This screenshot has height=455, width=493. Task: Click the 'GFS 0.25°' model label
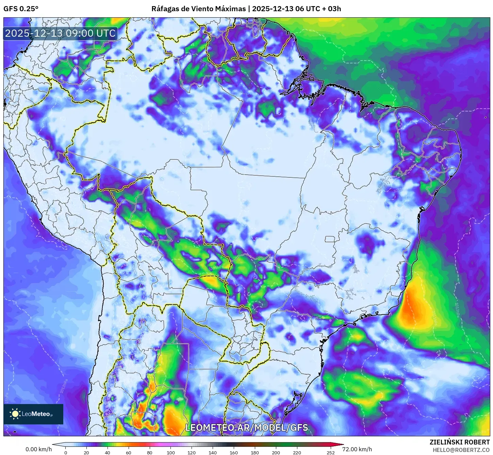(21, 9)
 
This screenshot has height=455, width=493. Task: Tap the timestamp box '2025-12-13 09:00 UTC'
(61, 33)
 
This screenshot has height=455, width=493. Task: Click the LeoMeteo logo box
(33, 414)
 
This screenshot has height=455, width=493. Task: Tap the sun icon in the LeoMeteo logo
(15, 414)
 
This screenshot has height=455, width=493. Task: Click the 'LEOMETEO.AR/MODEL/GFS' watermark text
(246, 427)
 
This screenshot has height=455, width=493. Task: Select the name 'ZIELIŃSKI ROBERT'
(460, 442)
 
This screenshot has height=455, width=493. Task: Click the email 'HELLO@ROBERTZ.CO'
(461, 450)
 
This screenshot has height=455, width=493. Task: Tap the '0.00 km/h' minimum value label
(39, 449)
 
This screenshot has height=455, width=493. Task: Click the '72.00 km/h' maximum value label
(357, 449)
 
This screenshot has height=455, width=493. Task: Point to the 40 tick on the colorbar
(108, 452)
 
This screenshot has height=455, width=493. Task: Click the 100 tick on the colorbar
(171, 452)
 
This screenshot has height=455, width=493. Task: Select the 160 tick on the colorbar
(234, 452)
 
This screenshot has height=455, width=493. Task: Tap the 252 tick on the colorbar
(331, 452)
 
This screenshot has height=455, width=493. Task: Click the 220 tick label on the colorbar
(297, 452)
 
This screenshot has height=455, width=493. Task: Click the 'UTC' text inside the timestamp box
(106, 33)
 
